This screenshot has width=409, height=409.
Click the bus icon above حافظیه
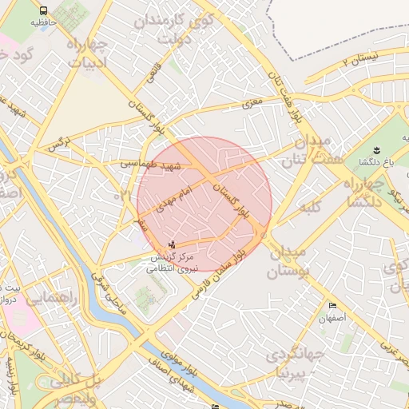click(x=42, y=11)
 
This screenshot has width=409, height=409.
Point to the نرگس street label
click(x=54, y=145)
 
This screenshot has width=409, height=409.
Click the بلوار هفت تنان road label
click(x=288, y=92)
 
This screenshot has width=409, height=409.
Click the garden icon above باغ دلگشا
click(x=375, y=149)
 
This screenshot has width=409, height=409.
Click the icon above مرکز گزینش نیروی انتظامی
click(x=172, y=244)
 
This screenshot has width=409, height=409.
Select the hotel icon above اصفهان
click(x=332, y=305)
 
